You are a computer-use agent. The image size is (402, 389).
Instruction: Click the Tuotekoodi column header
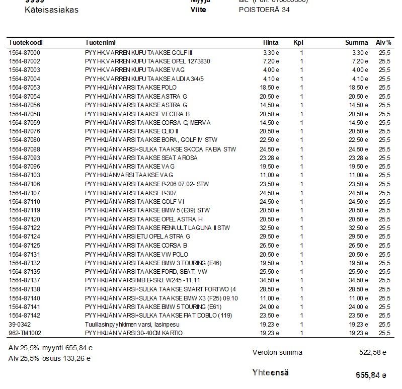pyautogui.click(x=24, y=43)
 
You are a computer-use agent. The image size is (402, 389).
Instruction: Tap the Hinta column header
pyautogui.click(x=271, y=43)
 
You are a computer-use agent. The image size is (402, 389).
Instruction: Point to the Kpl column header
pyautogui.click(x=298, y=43)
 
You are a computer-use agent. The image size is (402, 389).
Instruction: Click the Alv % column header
pyautogui.click(x=383, y=43)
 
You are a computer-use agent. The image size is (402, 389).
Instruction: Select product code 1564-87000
pyautogui.click(x=24, y=52)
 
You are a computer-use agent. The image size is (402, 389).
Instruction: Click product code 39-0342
pyautogui.click(x=20, y=325)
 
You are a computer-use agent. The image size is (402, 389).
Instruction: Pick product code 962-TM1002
pyautogui.click(x=25, y=333)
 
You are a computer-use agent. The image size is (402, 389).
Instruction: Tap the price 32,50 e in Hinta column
pyautogui.click(x=271, y=228)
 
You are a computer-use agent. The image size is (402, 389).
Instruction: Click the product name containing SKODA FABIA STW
pyautogui.click(x=160, y=149)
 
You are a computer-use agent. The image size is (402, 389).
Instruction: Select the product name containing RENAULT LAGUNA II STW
pyautogui.click(x=157, y=228)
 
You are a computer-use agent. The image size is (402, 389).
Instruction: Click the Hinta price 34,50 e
pyautogui.click(x=271, y=280)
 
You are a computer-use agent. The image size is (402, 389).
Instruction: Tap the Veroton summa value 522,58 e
pyautogui.click(x=372, y=353)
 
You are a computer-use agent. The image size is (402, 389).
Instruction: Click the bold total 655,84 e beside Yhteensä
pyautogui.click(x=370, y=375)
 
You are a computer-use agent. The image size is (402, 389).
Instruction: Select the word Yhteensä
pyautogui.click(x=271, y=373)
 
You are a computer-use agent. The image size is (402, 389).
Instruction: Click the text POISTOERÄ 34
pyautogui.click(x=264, y=10)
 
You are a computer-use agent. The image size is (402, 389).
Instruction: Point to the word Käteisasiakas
pyautogui.click(x=51, y=10)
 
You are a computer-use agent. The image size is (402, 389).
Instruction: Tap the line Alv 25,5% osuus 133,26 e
pyautogui.click(x=50, y=359)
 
